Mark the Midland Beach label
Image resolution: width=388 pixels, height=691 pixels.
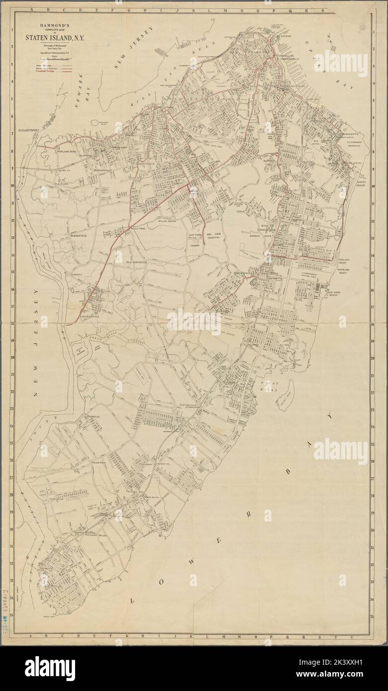(x=346, y=260)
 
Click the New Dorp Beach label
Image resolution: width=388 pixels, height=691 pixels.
(x=339, y=295)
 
